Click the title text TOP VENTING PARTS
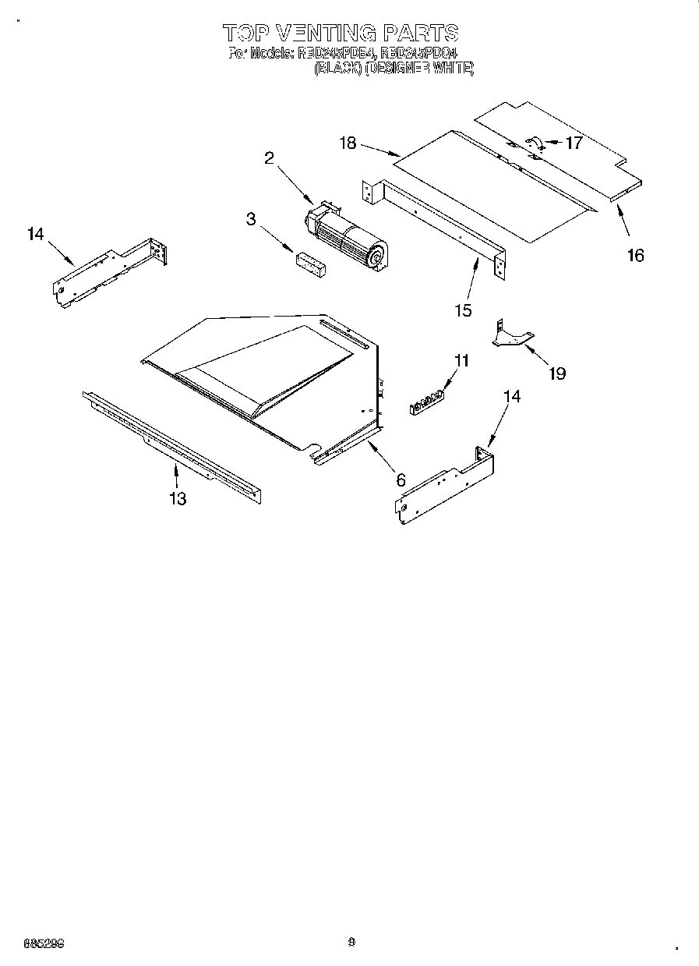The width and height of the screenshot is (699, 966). (x=341, y=33)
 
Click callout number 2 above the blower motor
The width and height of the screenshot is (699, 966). (x=269, y=158)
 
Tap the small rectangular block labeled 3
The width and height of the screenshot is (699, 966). (x=310, y=263)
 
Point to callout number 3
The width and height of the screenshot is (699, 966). (x=250, y=220)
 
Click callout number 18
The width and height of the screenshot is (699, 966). (x=348, y=143)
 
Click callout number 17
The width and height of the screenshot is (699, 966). (x=574, y=143)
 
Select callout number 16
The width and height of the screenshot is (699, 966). (x=636, y=255)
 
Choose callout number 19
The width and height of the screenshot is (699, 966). (x=556, y=373)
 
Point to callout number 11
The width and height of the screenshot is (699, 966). (x=462, y=360)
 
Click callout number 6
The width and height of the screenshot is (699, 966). (x=401, y=480)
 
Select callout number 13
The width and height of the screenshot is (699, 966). (x=178, y=499)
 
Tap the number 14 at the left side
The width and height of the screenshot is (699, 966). (x=36, y=234)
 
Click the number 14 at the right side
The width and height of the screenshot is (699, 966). (x=512, y=396)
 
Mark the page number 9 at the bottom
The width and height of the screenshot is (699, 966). (x=351, y=942)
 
